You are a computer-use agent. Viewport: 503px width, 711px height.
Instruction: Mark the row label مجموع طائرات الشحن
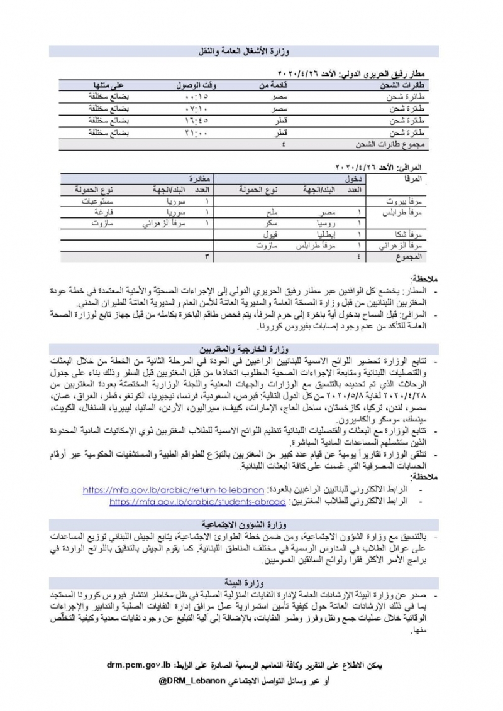pyautogui.click(x=392, y=144)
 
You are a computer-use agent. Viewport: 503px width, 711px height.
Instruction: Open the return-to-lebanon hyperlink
pyautogui.click(x=173, y=490)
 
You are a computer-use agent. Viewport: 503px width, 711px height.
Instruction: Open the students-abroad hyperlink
pyautogui.click(x=198, y=502)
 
